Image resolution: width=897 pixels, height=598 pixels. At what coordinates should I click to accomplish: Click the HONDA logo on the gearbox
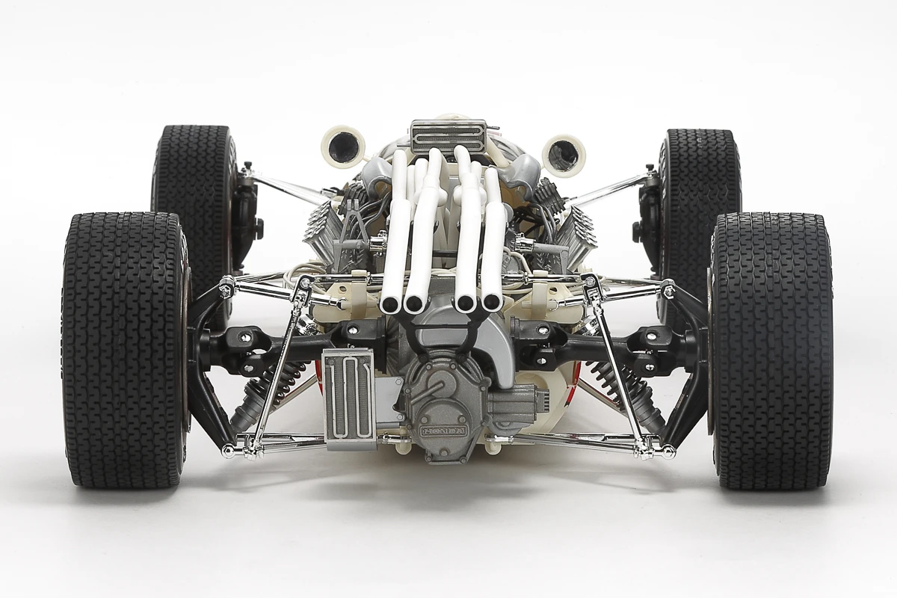(x=443, y=431)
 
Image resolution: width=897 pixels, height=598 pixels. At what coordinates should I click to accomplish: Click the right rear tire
(x=771, y=351)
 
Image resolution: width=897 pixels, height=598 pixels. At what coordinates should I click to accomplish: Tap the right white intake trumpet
(x=564, y=152)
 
